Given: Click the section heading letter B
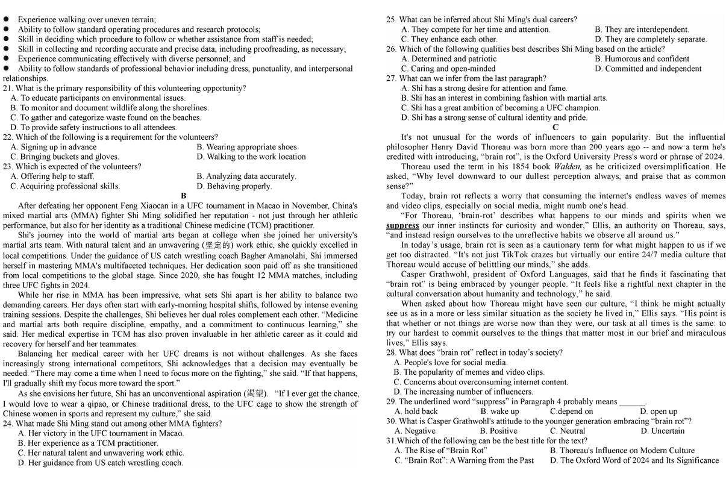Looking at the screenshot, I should point(184,196).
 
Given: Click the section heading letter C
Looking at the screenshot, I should point(555,127).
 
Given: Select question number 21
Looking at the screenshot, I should point(8,88).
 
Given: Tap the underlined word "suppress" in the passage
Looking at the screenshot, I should point(402,225).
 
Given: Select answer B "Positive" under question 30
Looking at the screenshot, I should point(498,431).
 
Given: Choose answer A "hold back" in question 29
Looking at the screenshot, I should point(416,411).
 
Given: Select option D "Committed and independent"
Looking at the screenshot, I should point(648,69).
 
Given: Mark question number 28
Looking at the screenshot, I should point(391,352).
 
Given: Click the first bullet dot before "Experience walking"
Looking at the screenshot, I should point(6,19).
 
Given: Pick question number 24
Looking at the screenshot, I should point(8,424).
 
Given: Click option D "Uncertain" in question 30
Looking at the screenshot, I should point(663,431).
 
